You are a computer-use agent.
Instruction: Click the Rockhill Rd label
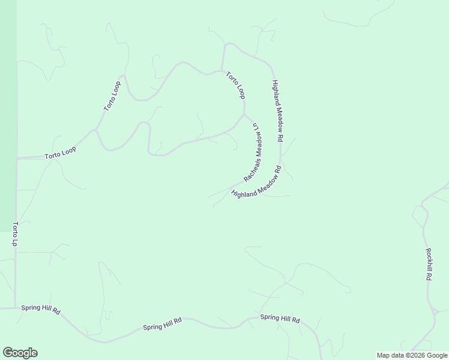[x=429, y=265]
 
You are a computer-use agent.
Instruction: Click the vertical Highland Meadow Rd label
[x=277, y=111]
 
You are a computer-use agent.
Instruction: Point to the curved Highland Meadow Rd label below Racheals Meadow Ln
[x=257, y=186]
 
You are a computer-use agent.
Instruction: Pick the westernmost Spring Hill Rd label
[x=41, y=308]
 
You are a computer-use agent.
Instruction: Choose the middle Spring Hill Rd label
[x=162, y=324]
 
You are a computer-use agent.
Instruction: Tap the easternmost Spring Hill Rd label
[x=280, y=319]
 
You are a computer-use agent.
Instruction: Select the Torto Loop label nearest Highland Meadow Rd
[x=236, y=85]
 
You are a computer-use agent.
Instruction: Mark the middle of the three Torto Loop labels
[x=113, y=97]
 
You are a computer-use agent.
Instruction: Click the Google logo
[x=20, y=353]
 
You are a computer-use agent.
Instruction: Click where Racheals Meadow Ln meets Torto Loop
[x=244, y=115]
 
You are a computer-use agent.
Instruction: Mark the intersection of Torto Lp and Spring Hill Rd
[x=16, y=308]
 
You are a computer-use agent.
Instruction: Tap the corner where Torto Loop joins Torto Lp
[x=17, y=158]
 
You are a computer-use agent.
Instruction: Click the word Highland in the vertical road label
[x=275, y=92]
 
